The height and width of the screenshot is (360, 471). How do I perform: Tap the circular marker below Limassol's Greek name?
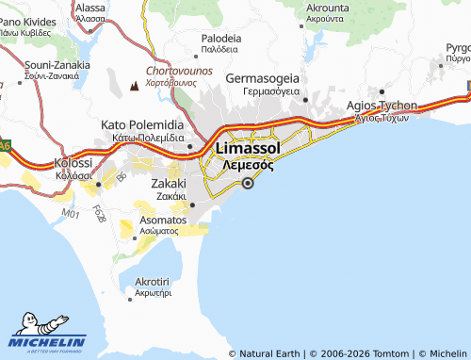pyautogui.click(x=248, y=185)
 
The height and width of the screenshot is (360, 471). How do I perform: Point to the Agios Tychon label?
pyautogui.click(x=382, y=106)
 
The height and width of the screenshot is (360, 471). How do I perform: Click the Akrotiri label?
pyautogui.click(x=152, y=282)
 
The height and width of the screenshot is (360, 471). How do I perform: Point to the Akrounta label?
pyautogui.click(x=328, y=7)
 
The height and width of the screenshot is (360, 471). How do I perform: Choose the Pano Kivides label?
pyautogui.click(x=28, y=20)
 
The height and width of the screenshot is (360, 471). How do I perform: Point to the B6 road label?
pyautogui.click(x=121, y=175)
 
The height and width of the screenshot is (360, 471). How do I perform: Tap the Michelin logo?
pyautogui.click(x=48, y=338)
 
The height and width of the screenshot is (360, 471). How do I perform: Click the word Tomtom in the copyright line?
pyautogui.click(x=391, y=353)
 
